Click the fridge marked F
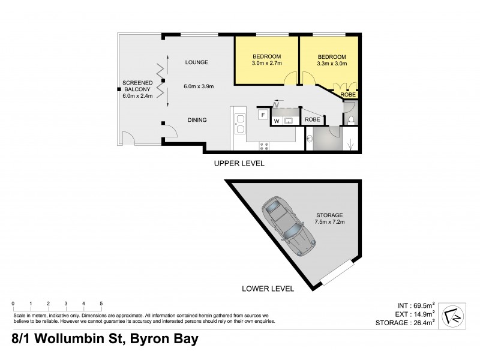[x=262, y=114]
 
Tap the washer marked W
[x=277, y=121]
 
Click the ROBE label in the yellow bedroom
[x=348, y=95]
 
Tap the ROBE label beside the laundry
[x=313, y=120]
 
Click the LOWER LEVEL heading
[x=268, y=289]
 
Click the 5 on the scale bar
[x=101, y=304]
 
